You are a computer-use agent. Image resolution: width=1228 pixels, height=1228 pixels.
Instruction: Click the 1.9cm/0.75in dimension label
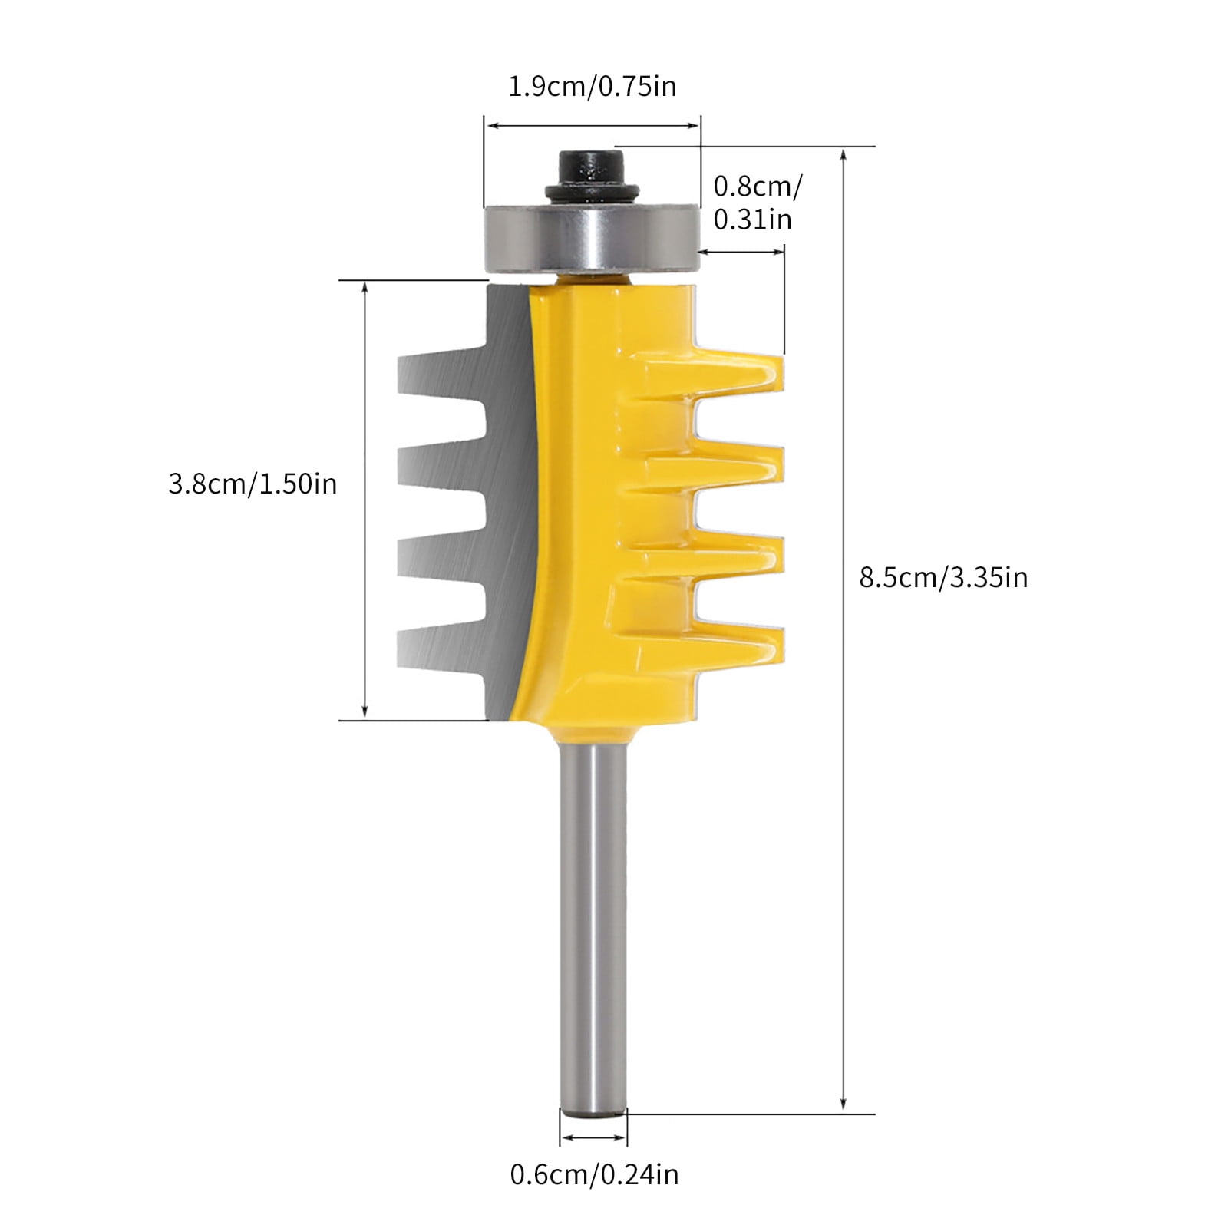593,86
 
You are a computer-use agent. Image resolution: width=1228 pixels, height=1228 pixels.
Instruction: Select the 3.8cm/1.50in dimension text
253,484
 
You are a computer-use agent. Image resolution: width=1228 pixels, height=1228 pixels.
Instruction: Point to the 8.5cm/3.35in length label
942,577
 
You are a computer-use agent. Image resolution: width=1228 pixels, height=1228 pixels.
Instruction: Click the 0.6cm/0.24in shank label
594,1174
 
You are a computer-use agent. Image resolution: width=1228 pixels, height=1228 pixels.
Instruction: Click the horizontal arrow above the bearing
592,126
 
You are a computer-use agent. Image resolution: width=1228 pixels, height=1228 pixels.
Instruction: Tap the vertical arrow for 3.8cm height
365,499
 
